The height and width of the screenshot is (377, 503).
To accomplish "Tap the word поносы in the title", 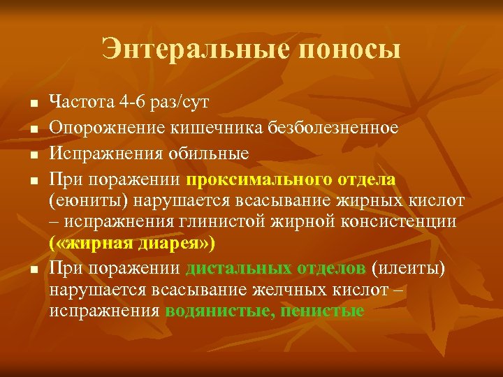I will (349, 49).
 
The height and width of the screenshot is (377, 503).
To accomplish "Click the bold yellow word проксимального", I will (252, 179).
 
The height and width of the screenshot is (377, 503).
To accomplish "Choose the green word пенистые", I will (322, 311).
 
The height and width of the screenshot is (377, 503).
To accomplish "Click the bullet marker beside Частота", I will (32, 104).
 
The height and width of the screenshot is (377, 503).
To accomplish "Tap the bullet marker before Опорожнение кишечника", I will (32, 129).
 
